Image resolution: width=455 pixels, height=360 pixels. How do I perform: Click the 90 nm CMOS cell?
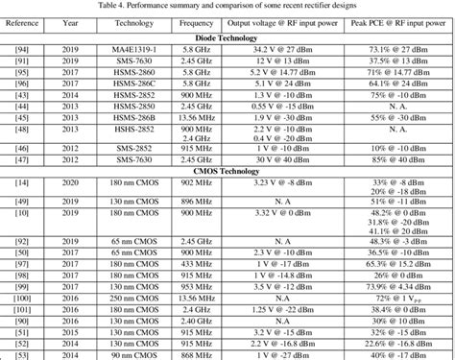129,353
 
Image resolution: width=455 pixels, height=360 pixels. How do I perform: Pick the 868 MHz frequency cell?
196,353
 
